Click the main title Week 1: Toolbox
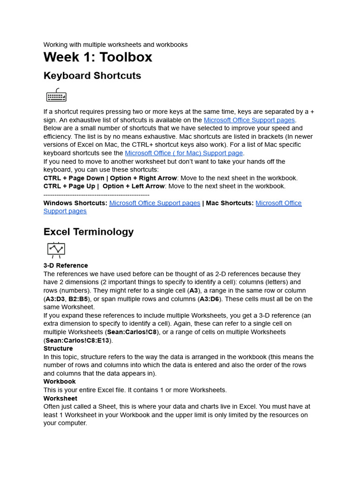coord(97,57)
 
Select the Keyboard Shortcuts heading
coord(92,75)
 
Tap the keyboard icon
coord(56,96)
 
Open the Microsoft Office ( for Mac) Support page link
coord(184,153)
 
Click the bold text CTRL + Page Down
coord(74,178)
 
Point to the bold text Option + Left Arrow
coord(134,186)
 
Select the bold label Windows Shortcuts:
coord(75,203)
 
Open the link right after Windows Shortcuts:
coord(154,203)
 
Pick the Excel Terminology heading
coord(88,232)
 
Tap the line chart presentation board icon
coord(56,249)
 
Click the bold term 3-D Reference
coord(66,265)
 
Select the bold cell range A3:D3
coord(55,299)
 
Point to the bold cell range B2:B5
coord(78,299)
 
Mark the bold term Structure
coord(58,348)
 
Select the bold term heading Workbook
coord(60,382)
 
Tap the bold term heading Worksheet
coord(60,398)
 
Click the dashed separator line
coord(96,195)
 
